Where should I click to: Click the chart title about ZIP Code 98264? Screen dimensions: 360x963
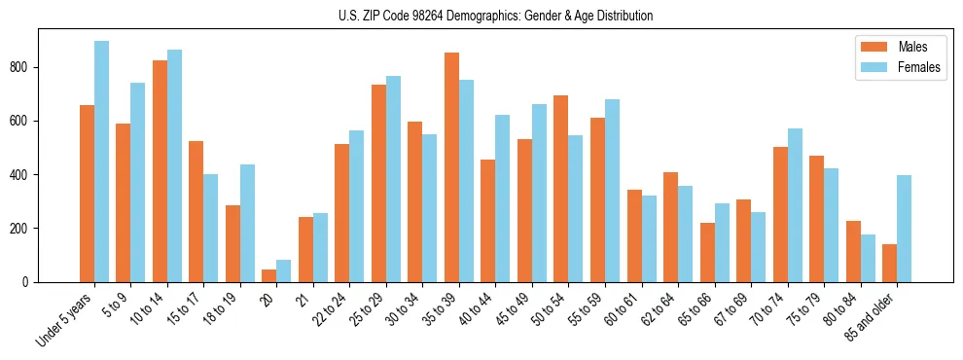coord(481,16)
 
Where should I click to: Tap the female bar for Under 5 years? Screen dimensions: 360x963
coord(101,162)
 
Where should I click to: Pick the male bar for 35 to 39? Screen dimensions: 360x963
coord(451,167)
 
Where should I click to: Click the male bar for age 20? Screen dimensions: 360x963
coord(269,275)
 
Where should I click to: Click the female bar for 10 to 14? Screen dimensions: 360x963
coord(174,165)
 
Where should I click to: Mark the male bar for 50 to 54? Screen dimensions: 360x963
coord(561,189)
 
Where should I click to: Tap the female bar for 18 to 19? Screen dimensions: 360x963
coord(247,223)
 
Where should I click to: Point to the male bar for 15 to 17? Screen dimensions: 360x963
coord(196,211)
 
